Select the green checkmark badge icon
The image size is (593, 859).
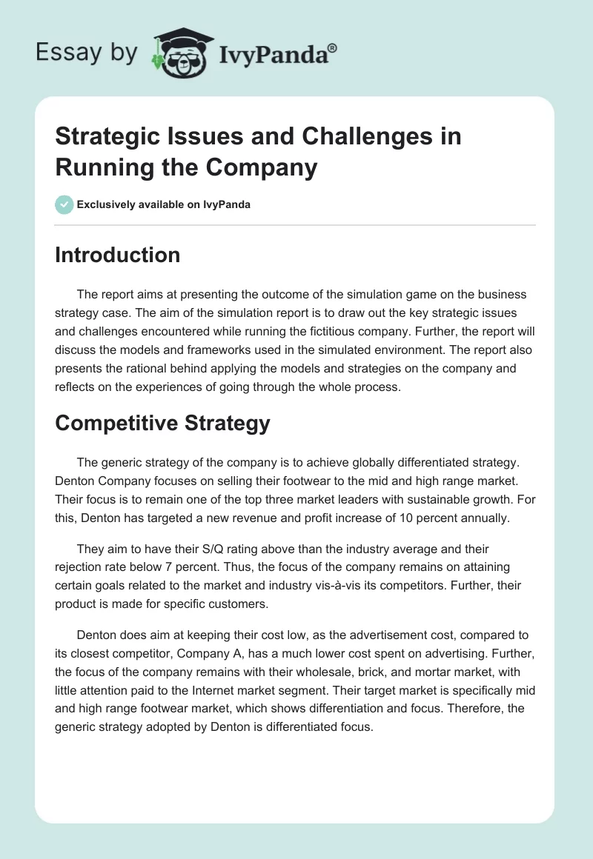64,204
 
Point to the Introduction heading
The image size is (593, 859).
118,255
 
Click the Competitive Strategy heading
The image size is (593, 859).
163,423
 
